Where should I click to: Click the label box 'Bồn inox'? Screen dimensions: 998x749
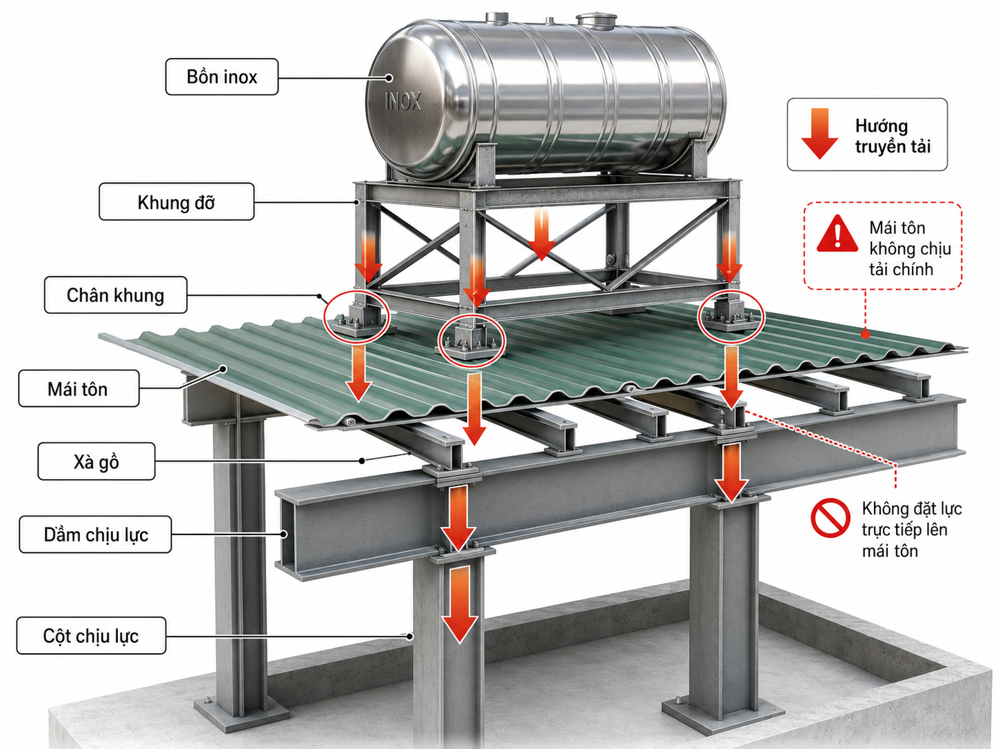tap(221, 77)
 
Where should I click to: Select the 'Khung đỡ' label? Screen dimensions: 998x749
tap(176, 201)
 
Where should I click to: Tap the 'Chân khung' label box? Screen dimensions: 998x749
tap(116, 294)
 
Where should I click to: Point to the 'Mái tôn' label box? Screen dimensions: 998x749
tap(79, 388)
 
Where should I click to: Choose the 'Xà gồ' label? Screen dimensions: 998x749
tap(96, 461)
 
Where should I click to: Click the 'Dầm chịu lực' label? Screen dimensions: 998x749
tap(96, 535)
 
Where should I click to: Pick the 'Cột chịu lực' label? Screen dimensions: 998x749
tap(91, 635)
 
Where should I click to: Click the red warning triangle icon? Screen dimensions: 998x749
tap(837, 234)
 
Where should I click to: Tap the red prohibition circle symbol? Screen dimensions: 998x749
tap(831, 518)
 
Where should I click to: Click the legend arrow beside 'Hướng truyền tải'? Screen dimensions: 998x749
tap(819, 133)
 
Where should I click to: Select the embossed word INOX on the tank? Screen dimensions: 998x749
tap(403, 101)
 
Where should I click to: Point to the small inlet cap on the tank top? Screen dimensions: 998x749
tap(496, 17)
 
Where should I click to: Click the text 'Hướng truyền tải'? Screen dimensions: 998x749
tap(893, 136)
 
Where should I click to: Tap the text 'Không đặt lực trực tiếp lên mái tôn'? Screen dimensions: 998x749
tap(912, 530)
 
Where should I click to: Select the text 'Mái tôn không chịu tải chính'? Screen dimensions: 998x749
tap(910, 248)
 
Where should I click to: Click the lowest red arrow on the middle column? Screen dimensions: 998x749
tap(460, 604)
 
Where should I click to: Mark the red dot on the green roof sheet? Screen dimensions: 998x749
tap(865, 334)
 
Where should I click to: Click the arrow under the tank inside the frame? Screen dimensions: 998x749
tap(542, 235)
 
